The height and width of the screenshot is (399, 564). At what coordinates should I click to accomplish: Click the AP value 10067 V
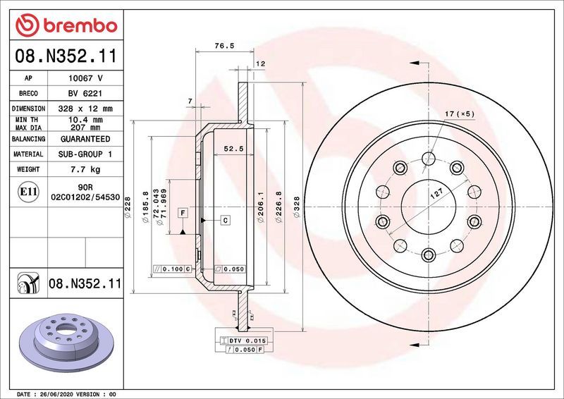click(x=85, y=78)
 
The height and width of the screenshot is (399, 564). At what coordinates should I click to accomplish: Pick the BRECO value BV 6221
click(x=85, y=94)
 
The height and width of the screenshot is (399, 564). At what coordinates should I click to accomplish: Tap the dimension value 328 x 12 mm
click(x=85, y=109)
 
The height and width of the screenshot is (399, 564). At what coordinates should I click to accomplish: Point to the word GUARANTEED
click(x=85, y=139)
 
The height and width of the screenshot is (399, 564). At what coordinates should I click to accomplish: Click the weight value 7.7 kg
click(x=85, y=169)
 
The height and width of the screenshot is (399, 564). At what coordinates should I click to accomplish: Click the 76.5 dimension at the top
click(x=223, y=46)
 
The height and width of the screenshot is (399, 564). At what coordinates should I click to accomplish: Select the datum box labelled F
click(x=183, y=212)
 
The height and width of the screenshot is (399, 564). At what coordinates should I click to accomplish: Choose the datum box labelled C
click(x=225, y=221)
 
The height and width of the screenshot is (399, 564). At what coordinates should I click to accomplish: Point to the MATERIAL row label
click(x=29, y=154)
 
